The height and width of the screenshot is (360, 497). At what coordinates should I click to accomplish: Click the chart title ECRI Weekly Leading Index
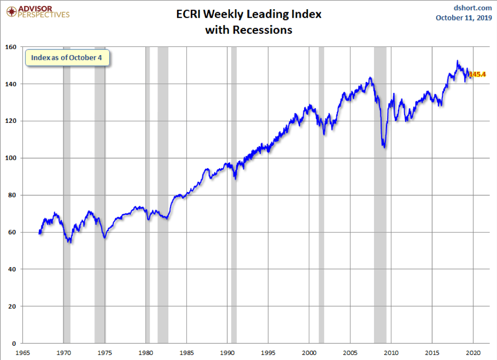click(x=248, y=14)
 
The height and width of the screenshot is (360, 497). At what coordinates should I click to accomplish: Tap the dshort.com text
click(x=473, y=7)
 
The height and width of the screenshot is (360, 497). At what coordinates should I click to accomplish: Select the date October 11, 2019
click(x=463, y=18)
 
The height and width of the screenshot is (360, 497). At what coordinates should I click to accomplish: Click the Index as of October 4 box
click(x=67, y=58)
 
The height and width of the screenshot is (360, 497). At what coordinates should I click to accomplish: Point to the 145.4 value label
click(x=478, y=74)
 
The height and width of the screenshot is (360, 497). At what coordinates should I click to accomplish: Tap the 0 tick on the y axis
click(x=14, y=343)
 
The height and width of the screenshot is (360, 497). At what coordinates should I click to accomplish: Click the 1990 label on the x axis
click(x=228, y=352)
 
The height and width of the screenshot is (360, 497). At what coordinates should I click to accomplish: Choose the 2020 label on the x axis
click(x=473, y=352)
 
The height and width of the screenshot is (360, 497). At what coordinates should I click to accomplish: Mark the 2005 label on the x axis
click(x=350, y=352)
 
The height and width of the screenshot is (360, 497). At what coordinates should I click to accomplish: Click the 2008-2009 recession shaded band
click(x=380, y=204)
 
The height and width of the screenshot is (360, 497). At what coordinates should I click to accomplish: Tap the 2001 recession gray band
click(x=321, y=204)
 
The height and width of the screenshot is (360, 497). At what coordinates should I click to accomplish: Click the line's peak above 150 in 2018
click(x=457, y=61)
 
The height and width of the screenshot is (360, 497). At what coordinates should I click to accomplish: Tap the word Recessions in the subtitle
click(x=262, y=30)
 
